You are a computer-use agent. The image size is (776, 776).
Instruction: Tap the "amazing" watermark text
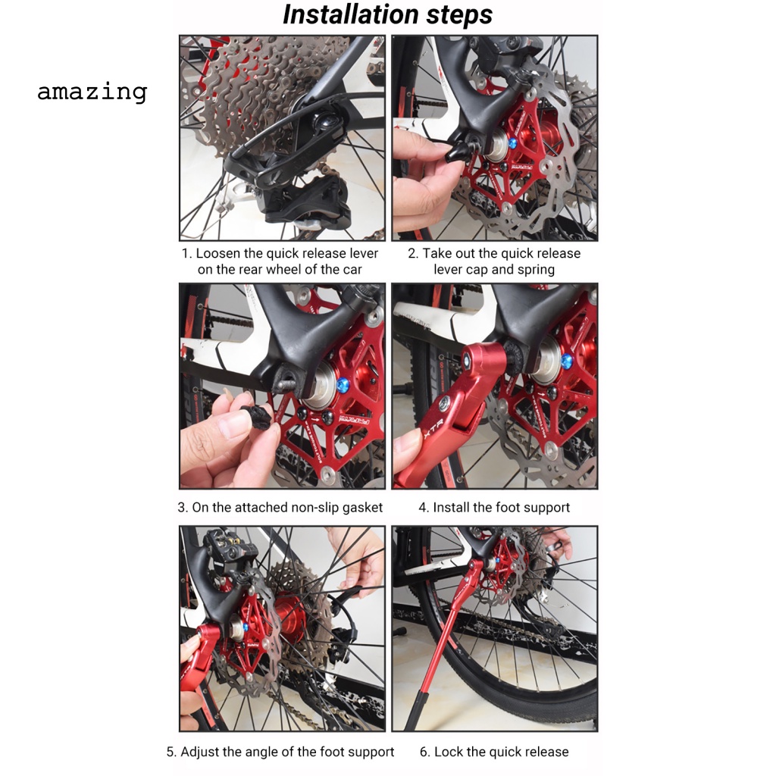click(92, 92)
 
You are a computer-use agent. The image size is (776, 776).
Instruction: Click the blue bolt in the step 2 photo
click(512, 144)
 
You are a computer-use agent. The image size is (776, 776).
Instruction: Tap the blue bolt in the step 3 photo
click(342, 385)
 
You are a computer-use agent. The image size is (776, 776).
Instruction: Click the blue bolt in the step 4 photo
click(567, 361)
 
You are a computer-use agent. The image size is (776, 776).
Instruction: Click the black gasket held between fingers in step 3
click(257, 416)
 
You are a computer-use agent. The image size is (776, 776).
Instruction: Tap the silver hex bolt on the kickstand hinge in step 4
click(445, 402)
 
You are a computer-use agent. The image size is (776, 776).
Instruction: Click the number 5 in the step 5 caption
click(171, 753)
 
